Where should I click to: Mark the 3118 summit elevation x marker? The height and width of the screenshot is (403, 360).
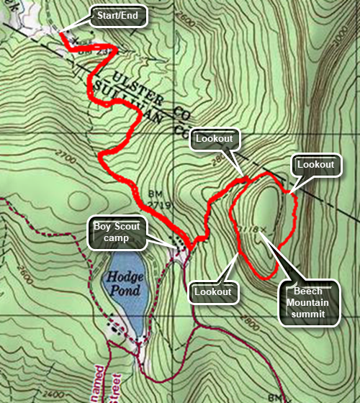[x=265, y=229]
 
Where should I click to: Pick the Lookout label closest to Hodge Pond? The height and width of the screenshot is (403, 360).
[x=212, y=291]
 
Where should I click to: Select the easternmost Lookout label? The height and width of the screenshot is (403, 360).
[x=315, y=165]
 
